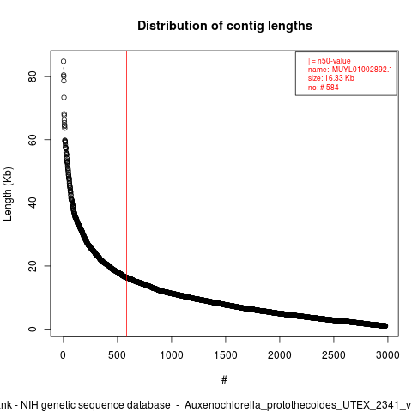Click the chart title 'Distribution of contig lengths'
(x=225, y=26)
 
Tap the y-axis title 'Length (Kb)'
(x=8, y=194)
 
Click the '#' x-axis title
(x=224, y=380)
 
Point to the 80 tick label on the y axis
(x=33, y=76)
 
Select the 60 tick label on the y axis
(x=33, y=140)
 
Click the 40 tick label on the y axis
(x=33, y=203)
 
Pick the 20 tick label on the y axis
(x=33, y=266)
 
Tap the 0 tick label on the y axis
(x=33, y=329)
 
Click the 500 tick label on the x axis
(x=118, y=355)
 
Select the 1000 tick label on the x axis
(x=172, y=355)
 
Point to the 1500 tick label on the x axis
(x=226, y=355)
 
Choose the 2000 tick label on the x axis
(x=280, y=355)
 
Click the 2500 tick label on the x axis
(x=334, y=355)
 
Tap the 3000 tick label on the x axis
(x=388, y=355)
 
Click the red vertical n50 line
(x=126, y=194)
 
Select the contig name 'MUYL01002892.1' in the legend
(x=362, y=70)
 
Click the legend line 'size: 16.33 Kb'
(x=331, y=78)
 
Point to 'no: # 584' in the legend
(x=324, y=87)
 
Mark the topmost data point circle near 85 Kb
(x=64, y=61)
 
